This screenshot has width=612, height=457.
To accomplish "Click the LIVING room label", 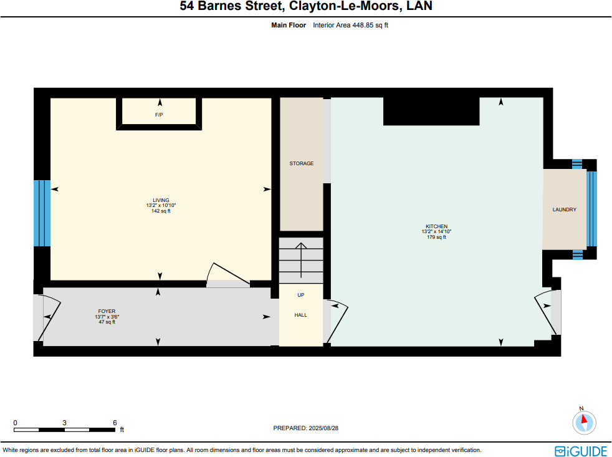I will pos(161,200).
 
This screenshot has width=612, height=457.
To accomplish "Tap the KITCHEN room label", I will pos(436,226).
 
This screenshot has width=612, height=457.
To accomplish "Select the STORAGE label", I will pos(301,163).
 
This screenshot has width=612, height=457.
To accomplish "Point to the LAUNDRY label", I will pos(564,209).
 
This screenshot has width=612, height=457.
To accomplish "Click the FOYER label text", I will pos(107,311).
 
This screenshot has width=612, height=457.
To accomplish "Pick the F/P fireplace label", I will pos(159,115).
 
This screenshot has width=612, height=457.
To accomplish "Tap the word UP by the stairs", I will pos(300,295).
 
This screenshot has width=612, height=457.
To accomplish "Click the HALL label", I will pos(300,315).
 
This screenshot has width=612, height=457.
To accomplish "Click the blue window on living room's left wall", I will pos(41,213).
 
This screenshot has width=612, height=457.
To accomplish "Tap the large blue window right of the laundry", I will pos(591,209).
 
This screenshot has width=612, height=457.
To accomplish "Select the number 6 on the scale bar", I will pos(115,422).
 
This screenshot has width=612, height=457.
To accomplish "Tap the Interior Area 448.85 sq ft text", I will pos(350,26).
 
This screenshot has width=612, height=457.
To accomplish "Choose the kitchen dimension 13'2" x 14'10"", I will pos(436,231).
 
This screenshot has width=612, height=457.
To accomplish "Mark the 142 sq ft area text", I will pos(161,211).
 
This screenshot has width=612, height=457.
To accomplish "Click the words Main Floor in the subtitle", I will pos(289,26).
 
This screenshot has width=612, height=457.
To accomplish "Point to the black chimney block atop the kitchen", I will pos(431,111).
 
